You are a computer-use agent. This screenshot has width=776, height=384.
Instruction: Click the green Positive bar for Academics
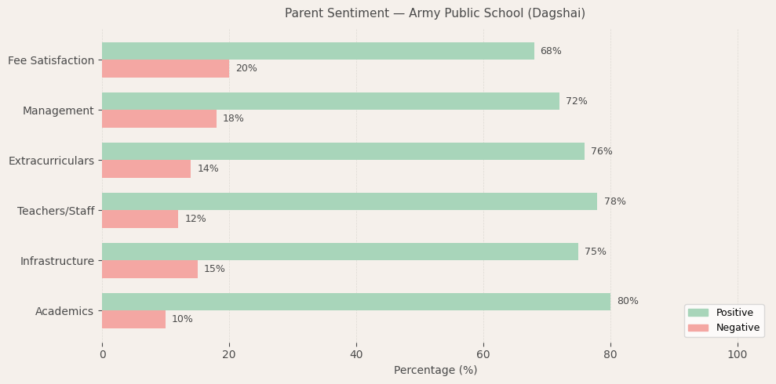[x=356, y=302]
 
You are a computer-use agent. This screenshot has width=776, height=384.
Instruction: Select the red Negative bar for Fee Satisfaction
[x=166, y=69]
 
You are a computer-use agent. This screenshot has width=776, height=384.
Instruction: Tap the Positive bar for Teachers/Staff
[x=349, y=201]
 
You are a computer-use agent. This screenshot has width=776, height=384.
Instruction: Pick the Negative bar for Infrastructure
[x=150, y=269]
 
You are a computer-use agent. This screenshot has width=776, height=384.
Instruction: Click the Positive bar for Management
[x=330, y=101]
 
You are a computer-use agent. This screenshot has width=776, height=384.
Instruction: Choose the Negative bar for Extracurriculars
[x=146, y=168]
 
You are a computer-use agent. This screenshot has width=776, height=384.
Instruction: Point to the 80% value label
[x=627, y=302]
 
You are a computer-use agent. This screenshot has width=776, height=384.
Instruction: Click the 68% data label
[x=550, y=52]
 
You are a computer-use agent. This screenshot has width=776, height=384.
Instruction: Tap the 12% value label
[x=195, y=219]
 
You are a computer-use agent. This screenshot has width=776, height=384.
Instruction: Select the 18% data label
[x=233, y=119]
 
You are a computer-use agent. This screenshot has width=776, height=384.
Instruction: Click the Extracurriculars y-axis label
[x=51, y=161]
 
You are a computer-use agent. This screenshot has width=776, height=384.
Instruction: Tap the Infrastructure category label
[x=56, y=261]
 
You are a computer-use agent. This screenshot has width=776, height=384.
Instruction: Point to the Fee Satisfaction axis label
[x=51, y=60]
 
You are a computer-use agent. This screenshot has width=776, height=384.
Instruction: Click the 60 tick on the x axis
[x=483, y=355]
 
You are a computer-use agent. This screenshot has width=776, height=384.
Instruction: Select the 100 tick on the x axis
[x=737, y=355]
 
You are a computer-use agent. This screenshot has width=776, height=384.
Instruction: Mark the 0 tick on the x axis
[x=102, y=355]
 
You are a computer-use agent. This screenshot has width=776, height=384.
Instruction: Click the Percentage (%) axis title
[x=435, y=371]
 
